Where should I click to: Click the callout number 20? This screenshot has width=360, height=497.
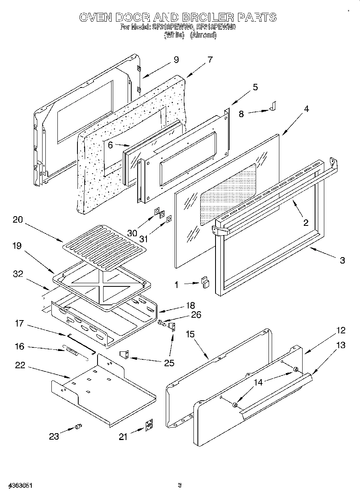(x=18, y=220)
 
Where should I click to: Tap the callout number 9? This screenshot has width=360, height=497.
(x=176, y=60)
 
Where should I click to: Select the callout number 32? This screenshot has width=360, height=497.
(x=18, y=274)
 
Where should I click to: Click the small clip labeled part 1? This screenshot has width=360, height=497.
(x=205, y=282)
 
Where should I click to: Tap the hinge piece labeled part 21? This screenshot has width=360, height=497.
(x=148, y=425)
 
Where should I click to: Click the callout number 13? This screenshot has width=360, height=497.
(x=340, y=345)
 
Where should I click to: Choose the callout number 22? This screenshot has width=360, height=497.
(x=20, y=365)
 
